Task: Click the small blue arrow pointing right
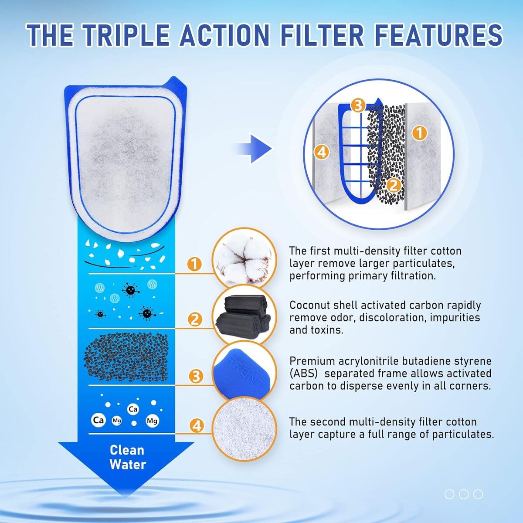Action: (x=255, y=149)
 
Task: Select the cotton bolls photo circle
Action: (x=244, y=258)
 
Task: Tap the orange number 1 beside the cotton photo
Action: (x=194, y=264)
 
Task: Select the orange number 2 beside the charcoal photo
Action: (x=195, y=319)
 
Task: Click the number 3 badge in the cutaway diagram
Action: (x=358, y=105)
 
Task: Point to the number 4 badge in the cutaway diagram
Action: (x=322, y=152)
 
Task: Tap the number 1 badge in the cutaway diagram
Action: (x=420, y=133)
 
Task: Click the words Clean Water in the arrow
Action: (x=128, y=457)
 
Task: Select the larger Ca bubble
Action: (x=98, y=420)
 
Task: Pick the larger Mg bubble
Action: (x=152, y=421)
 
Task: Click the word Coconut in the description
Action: (x=309, y=306)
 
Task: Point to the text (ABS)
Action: (x=303, y=374)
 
